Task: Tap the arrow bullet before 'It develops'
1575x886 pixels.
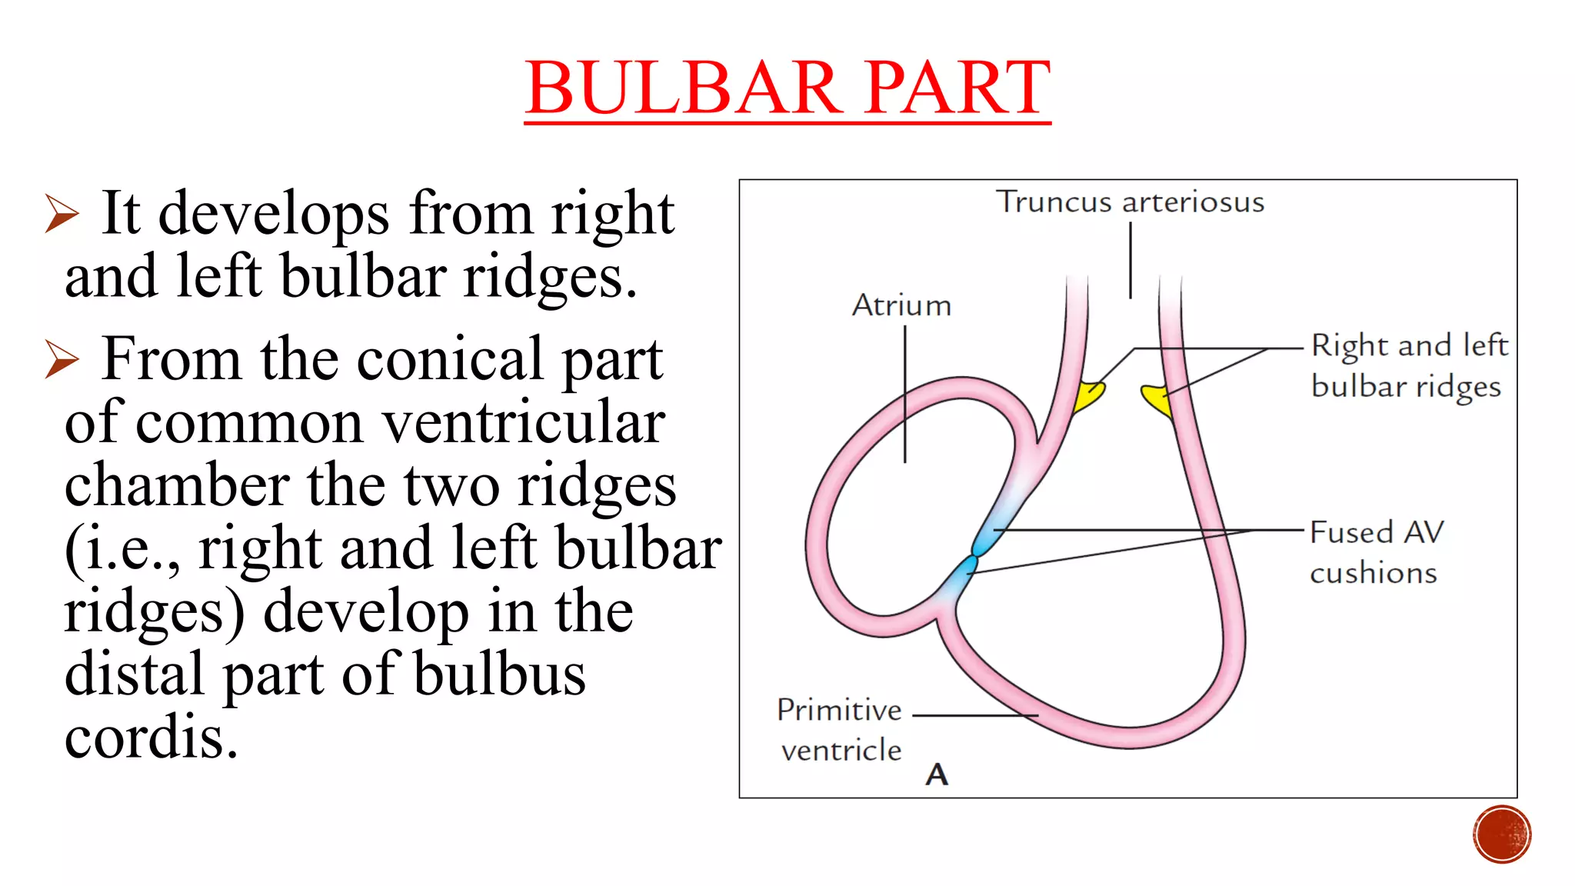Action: point(62,213)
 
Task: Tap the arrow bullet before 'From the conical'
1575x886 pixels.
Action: point(62,358)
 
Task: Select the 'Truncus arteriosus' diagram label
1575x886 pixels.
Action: point(1130,202)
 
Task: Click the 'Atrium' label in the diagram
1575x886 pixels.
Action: point(901,306)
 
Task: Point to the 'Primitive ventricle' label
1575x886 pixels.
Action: point(840,729)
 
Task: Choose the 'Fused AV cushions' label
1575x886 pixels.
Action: point(1376,552)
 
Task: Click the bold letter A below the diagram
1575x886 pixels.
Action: point(937,774)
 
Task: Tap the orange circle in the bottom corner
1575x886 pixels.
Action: point(1502,834)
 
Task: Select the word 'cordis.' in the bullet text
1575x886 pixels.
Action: point(152,737)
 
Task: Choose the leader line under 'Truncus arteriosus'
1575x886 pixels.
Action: point(1130,260)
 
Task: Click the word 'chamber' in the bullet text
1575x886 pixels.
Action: point(177,485)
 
